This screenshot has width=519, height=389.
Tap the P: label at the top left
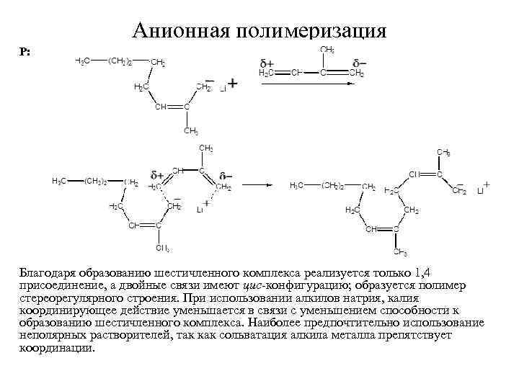[25, 53]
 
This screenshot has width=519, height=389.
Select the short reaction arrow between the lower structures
[259, 187]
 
